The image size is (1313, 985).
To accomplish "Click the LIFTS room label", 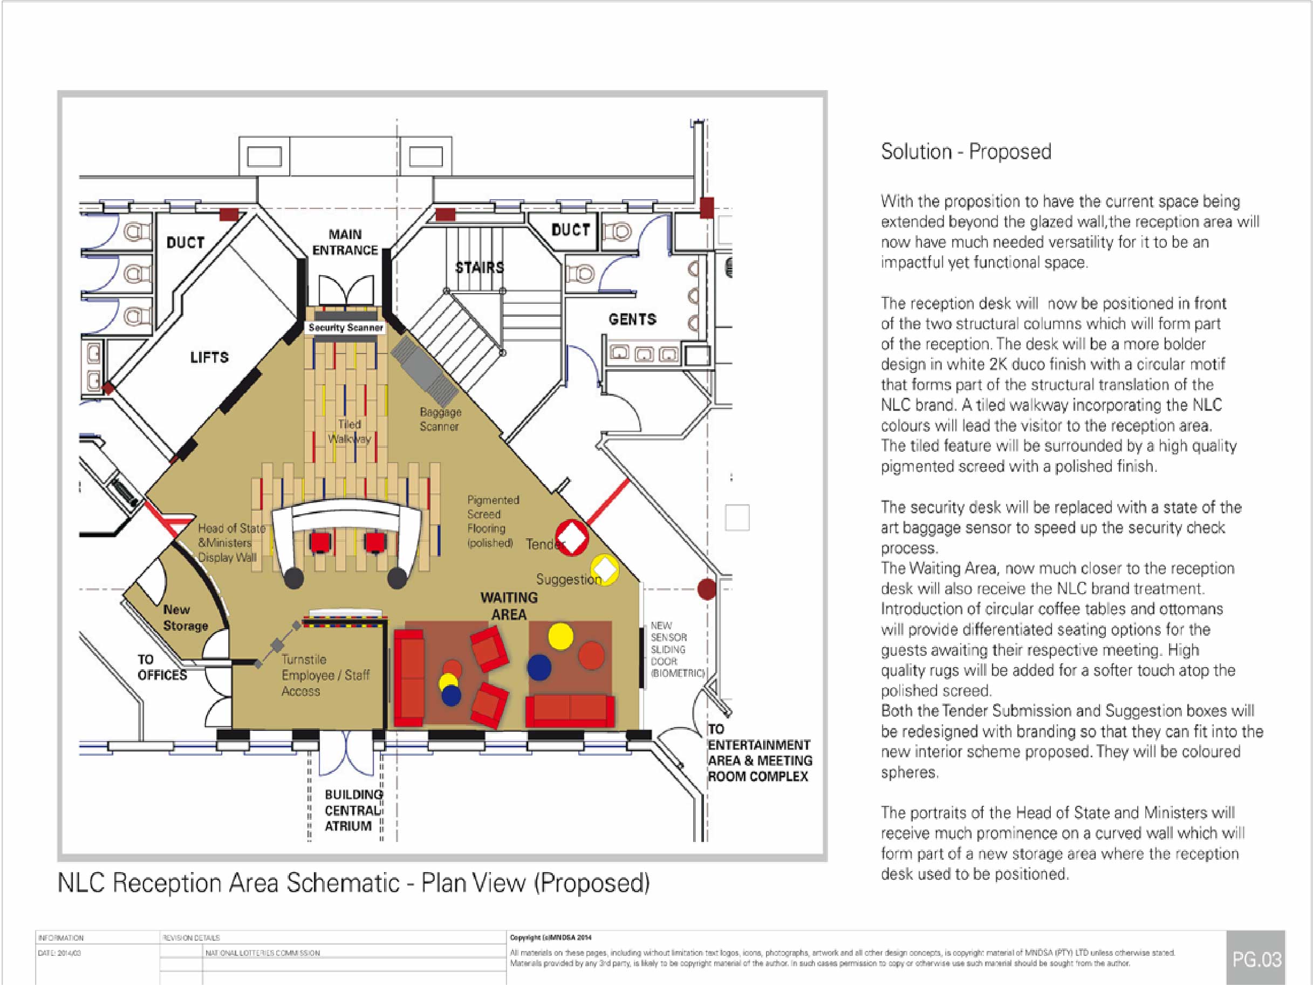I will (x=209, y=357).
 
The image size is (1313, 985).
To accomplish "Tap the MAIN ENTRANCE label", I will (x=345, y=242).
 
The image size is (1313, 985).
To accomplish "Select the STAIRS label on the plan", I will (x=479, y=268).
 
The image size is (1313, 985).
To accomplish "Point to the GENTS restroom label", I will (x=632, y=320).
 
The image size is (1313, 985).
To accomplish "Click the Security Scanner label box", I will (x=345, y=328).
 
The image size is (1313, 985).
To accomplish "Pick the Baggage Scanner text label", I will (x=440, y=419).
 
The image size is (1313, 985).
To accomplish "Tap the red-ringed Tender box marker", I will (x=572, y=538).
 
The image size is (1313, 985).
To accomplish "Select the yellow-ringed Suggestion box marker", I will (x=605, y=569).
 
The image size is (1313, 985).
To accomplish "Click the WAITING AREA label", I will (x=509, y=606).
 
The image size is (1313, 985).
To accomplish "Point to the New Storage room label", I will (x=185, y=617).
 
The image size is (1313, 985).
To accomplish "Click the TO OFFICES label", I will (x=161, y=667).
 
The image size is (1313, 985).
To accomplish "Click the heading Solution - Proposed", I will (x=966, y=152).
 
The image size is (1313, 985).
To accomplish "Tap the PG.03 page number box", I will (x=1256, y=960).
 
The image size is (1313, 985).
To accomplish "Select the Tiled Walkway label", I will (x=350, y=432).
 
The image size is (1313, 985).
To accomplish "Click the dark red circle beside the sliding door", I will (x=706, y=589).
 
